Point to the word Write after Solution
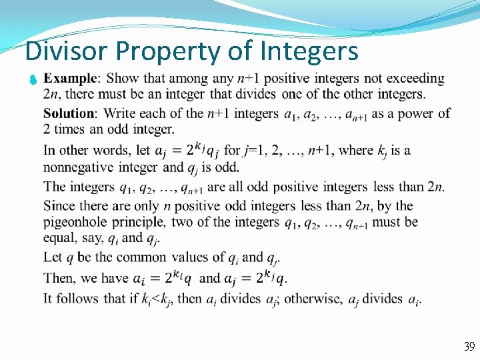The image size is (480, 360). coord(119,113)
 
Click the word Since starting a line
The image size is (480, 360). coord(60,205)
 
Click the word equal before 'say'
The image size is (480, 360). coord(59,238)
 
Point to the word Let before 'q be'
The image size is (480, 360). coord(53,257)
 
